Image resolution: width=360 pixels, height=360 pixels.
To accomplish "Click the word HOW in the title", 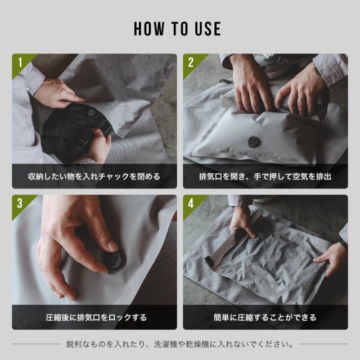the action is [149, 29].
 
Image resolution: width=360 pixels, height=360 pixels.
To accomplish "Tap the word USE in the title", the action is [208, 29].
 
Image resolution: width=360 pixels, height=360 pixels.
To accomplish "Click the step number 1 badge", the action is [20, 62].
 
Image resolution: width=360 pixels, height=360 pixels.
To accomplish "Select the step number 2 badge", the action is [191, 62].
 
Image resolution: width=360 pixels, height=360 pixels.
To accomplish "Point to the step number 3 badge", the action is [20, 203].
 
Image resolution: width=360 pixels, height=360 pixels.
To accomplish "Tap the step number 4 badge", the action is [191, 203].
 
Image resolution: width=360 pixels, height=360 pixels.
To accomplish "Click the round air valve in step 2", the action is [254, 142].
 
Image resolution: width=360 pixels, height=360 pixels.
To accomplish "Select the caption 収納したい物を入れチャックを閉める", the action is [94, 177].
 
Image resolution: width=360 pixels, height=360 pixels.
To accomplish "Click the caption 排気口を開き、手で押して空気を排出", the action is [265, 177].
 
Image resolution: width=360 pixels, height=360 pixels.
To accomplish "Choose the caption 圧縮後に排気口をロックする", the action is [96, 317].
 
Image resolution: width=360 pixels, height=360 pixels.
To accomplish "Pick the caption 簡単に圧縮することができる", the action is [265, 317].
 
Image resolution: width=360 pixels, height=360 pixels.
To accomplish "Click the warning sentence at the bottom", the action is [180, 344].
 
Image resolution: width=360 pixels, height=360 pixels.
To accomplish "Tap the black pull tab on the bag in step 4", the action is [209, 261].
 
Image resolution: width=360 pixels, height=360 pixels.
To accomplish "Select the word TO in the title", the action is [181, 29].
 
